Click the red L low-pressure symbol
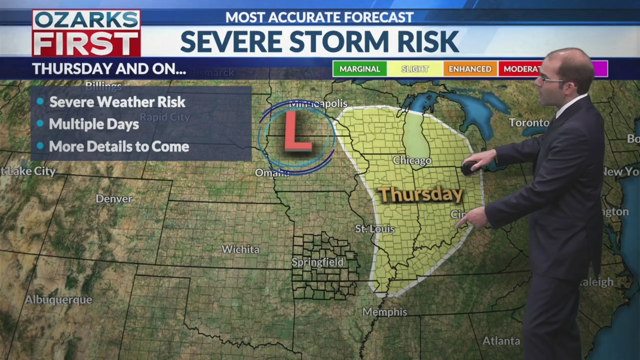coord(297,131)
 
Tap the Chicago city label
coord(412,160)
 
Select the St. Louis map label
coord(375,229)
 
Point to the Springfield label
coord(318,262)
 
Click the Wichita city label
coord(240,249)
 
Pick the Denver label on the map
coord(114,198)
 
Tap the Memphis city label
coord(384,312)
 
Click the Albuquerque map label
coord(58,300)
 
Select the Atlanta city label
coord(501,341)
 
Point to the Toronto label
coord(528,122)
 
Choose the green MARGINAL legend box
coord(359,69)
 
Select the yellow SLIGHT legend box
coord(414,69)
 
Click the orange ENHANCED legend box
coord(469,69)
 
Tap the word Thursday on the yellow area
coord(419,194)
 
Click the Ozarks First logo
coord(86,33)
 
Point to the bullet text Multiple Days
coord(94,124)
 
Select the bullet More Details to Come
coord(119,146)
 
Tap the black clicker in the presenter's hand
coord(469,168)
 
